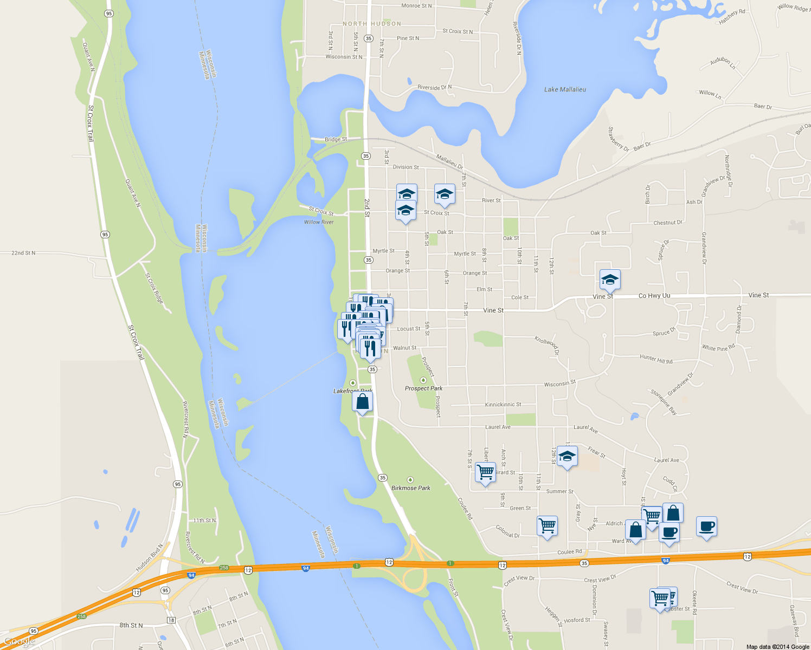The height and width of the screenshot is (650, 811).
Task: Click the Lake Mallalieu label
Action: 565,89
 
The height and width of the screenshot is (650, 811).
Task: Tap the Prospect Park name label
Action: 423,388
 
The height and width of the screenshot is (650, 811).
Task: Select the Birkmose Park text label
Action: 411,488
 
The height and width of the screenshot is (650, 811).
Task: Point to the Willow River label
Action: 319,222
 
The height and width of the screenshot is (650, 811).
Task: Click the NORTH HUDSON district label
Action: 372,24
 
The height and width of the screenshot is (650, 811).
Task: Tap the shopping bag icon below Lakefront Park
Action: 363,402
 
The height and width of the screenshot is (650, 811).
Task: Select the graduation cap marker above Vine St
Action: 610,280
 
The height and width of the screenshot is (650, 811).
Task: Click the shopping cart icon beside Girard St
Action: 485,472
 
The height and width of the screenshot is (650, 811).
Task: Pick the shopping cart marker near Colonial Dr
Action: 547,525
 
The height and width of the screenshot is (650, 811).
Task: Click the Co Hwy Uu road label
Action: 654,296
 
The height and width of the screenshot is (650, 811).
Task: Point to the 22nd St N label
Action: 23,253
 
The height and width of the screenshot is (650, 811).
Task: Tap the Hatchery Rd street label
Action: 732,17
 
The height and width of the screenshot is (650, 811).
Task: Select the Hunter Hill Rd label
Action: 656,359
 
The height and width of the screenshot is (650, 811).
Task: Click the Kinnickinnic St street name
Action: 503,405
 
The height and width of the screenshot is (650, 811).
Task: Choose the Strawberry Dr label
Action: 618,139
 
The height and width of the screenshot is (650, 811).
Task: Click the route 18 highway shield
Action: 171,620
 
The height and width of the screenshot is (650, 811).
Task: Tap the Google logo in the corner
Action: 20,641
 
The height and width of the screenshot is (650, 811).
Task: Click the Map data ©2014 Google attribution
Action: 777,647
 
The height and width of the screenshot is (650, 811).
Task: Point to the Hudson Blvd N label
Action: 149,558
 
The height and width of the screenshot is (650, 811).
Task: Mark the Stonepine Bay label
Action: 664,402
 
